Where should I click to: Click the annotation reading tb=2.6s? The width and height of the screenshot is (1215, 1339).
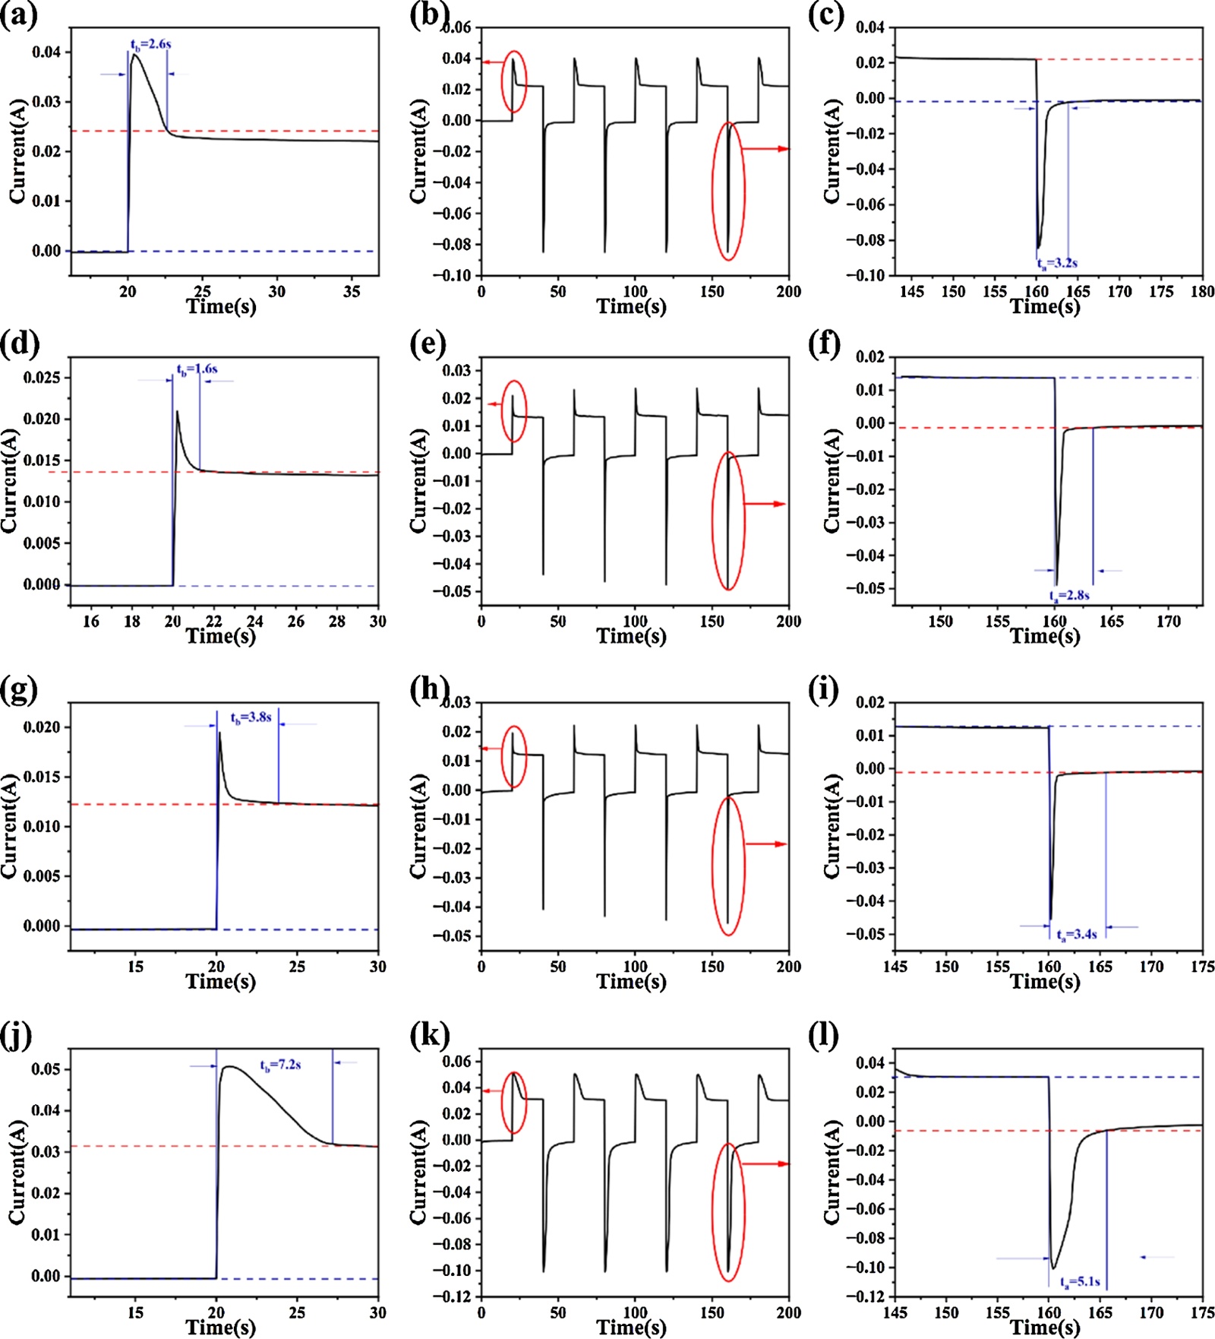(150, 45)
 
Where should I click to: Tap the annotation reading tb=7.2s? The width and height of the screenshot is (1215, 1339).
(280, 1065)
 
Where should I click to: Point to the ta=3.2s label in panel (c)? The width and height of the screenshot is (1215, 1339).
(1057, 264)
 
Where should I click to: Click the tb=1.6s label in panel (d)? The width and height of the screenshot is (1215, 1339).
(197, 369)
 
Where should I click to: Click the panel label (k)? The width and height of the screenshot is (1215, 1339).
(429, 1035)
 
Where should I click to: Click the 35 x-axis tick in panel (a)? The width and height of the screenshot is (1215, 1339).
(352, 292)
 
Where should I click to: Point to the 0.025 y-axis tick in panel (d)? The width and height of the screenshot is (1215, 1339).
(42, 378)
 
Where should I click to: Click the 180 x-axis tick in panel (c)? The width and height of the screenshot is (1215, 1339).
(1202, 292)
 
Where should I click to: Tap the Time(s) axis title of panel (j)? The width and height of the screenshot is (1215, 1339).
(221, 1327)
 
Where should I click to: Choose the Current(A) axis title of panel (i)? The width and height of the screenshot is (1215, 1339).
(832, 826)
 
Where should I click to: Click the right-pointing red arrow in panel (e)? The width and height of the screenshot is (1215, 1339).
(764, 504)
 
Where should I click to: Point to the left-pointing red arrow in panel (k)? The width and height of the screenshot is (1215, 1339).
(492, 1091)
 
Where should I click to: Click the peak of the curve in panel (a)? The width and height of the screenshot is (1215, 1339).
(134, 55)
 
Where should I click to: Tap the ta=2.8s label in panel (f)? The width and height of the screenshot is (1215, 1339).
(1068, 596)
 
